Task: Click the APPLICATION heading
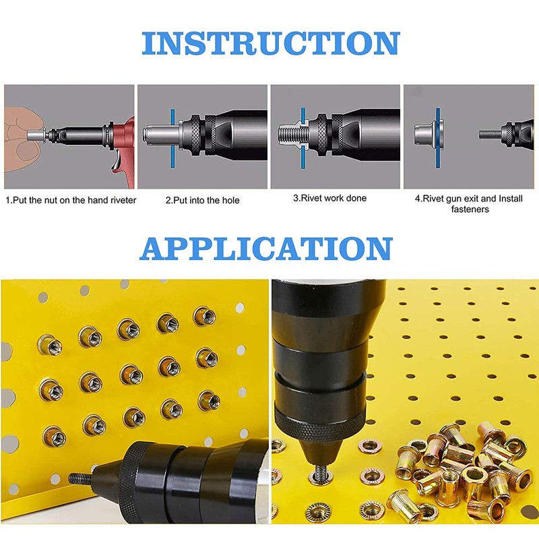[x=266, y=249]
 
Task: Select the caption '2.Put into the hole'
[x=202, y=200]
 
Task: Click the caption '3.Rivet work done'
[x=329, y=198]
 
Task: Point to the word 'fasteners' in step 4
[x=470, y=209]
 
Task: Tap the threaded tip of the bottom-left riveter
[x=80, y=478]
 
